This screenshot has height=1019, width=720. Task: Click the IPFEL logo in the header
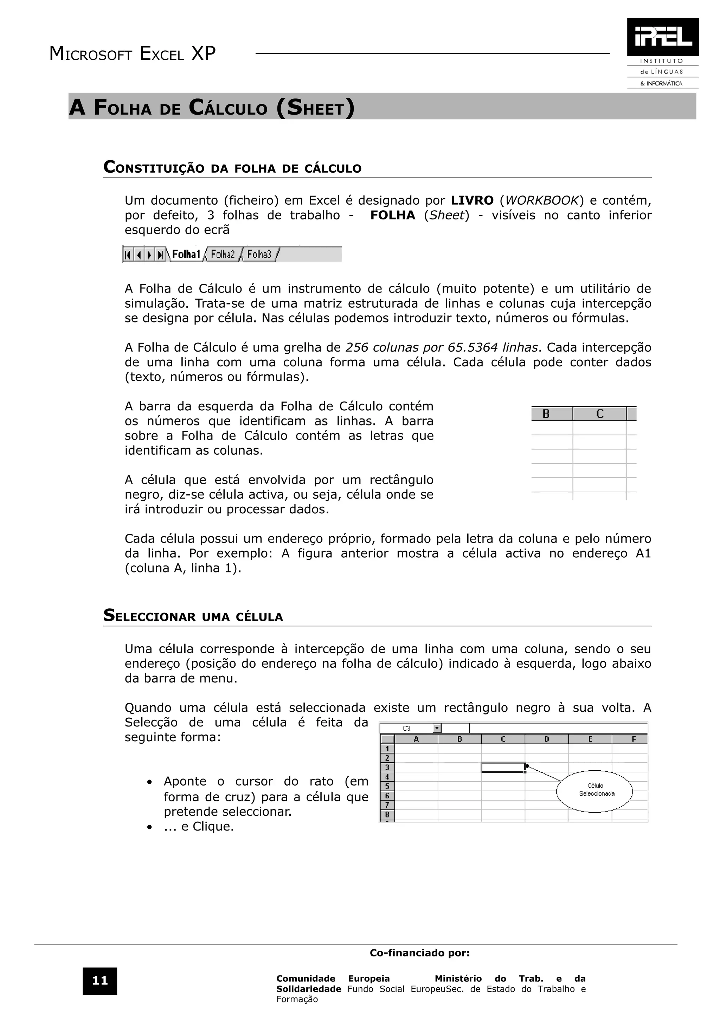[662, 37]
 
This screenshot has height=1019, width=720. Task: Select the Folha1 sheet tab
[186, 254]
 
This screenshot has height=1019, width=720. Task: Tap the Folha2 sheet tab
[222, 254]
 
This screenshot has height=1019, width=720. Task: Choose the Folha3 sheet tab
[259, 254]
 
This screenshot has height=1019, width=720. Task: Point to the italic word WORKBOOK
[541, 201]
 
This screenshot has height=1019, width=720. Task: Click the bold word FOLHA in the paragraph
[393, 215]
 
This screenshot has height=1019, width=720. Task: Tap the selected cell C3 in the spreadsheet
[503, 767]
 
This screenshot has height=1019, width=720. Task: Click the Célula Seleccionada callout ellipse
[594, 791]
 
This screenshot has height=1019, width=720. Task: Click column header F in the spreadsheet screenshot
[633, 739]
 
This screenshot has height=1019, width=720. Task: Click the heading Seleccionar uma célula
[193, 616]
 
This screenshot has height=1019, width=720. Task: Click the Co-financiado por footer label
[420, 953]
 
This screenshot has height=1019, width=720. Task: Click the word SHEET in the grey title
[316, 108]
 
